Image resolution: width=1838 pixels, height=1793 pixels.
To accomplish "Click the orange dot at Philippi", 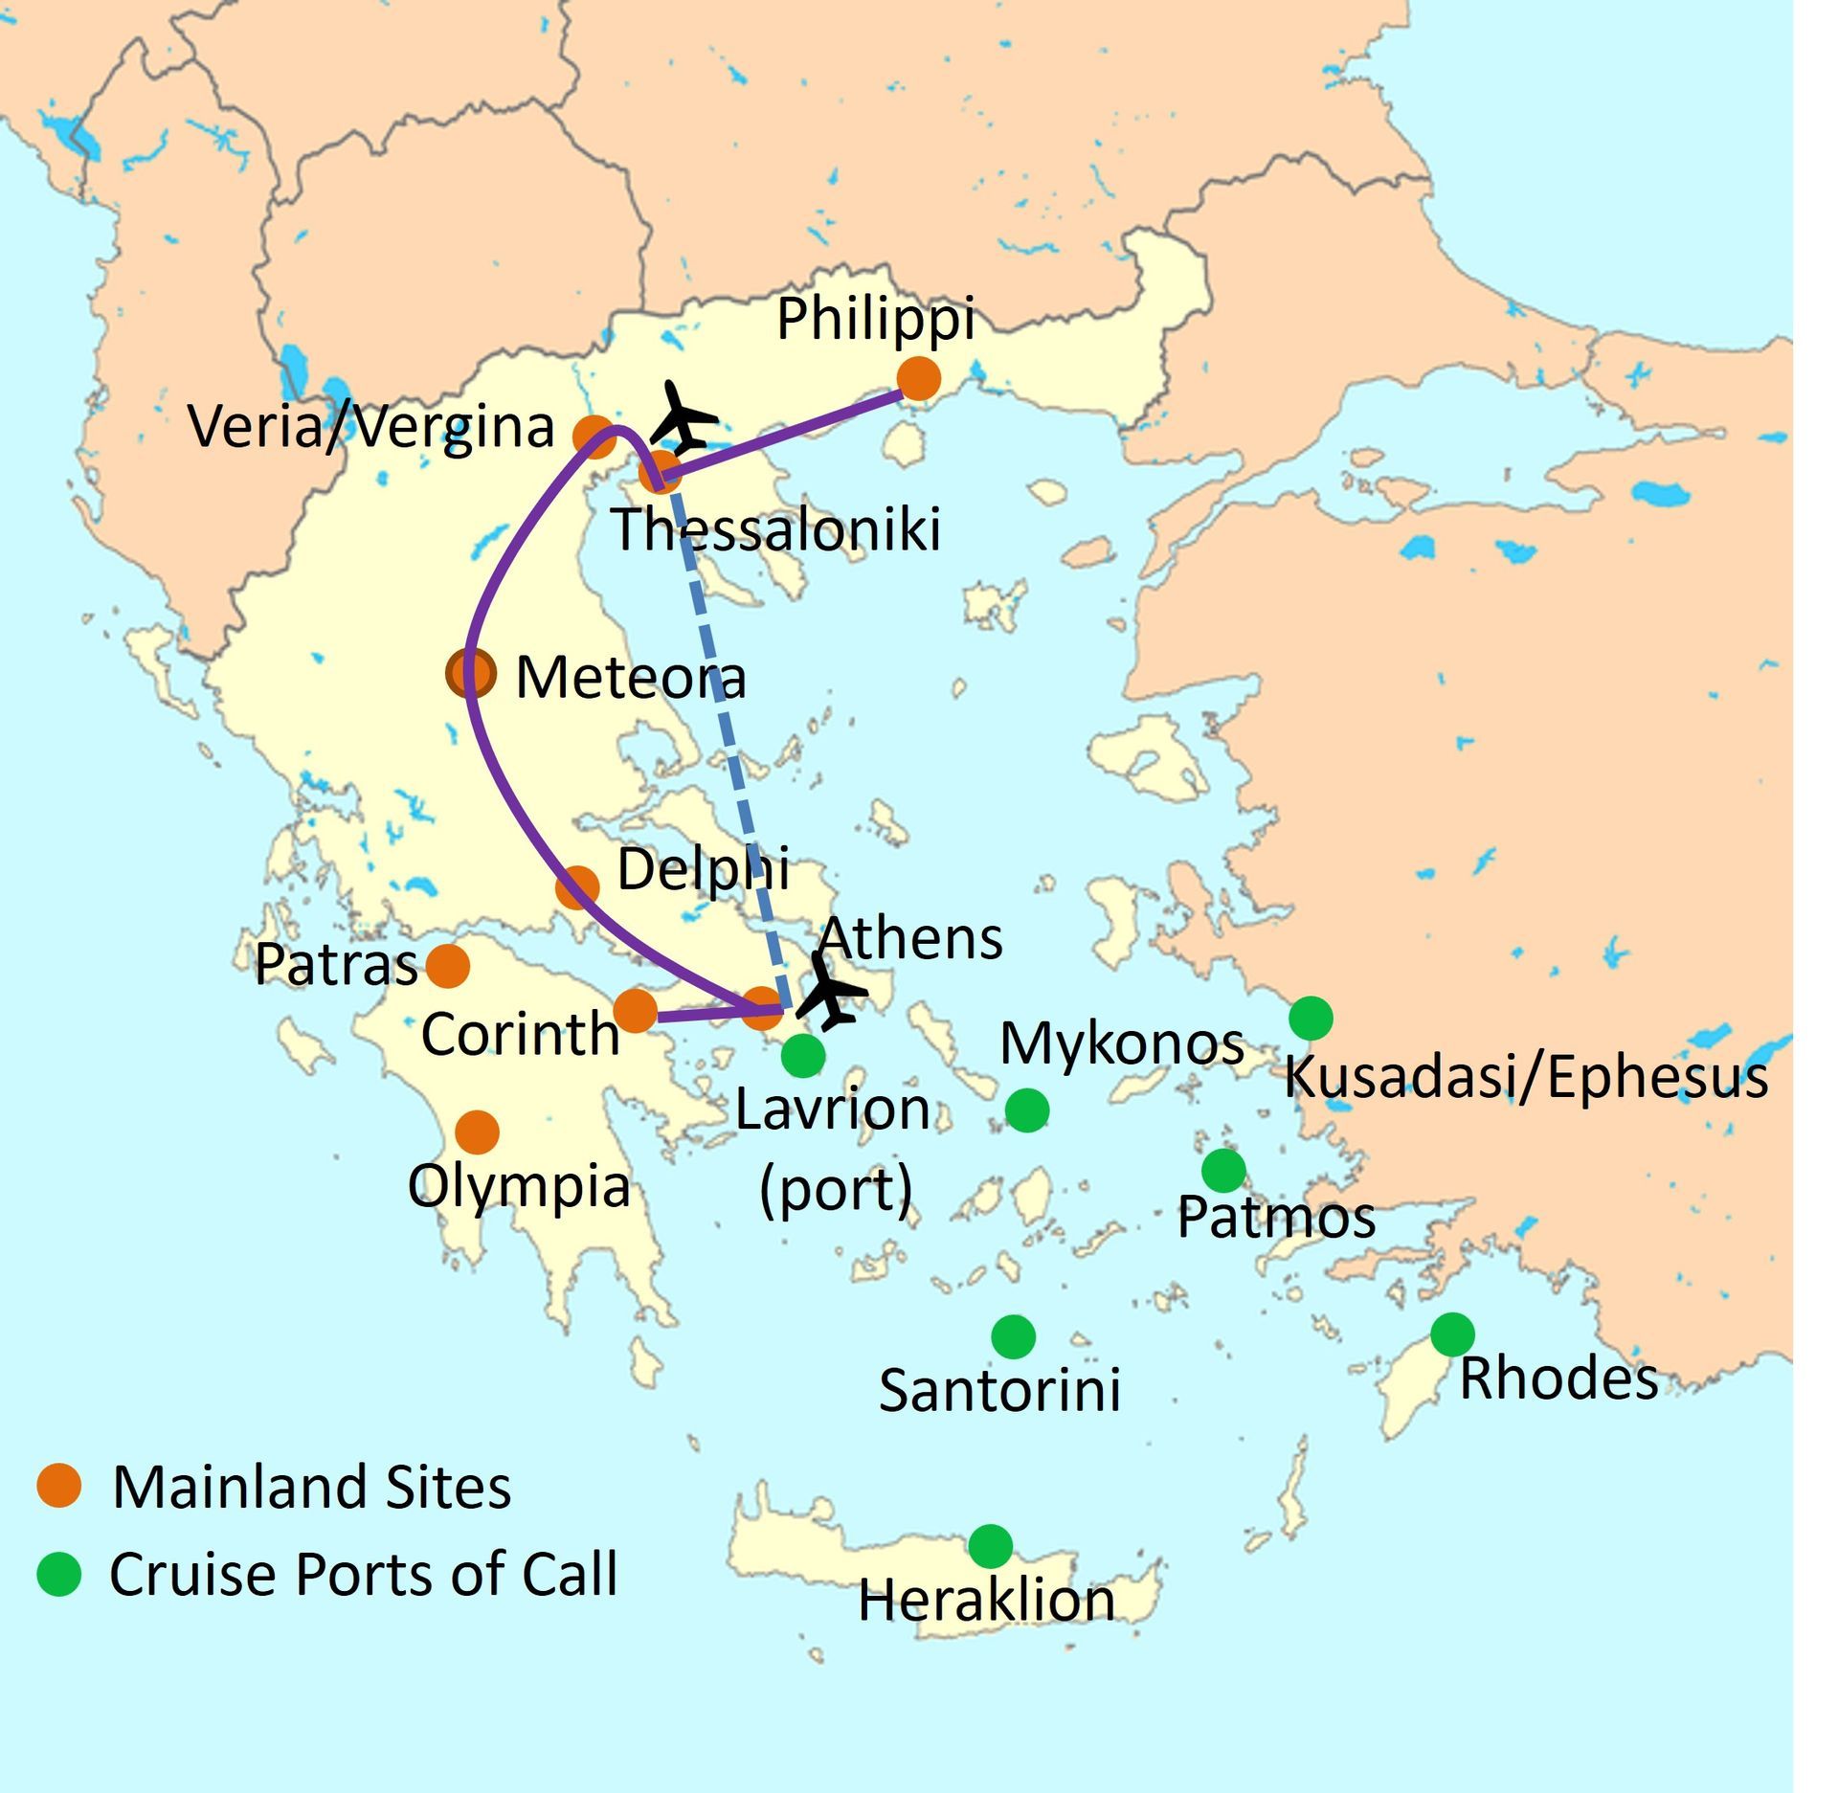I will click(x=919, y=378).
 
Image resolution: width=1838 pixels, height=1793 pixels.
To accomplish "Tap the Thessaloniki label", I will click(x=775, y=529).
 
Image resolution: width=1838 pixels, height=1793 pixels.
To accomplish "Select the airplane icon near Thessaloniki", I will click(x=683, y=419).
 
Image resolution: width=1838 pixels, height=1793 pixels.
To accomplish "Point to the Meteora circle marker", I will click(x=471, y=674).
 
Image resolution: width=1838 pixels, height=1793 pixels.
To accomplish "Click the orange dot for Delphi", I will click(x=577, y=887).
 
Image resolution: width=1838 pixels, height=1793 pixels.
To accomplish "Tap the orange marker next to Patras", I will click(x=447, y=966).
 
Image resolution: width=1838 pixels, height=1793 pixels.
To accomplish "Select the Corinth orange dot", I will click(x=635, y=1011).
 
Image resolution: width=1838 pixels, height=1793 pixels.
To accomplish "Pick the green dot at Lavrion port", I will click(x=803, y=1055).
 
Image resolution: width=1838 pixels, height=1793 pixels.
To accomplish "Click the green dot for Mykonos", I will click(x=1027, y=1110).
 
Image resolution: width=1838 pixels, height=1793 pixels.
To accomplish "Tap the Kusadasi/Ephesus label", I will click(x=1525, y=1077).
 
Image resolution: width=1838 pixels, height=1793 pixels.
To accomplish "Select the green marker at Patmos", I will click(x=1223, y=1169).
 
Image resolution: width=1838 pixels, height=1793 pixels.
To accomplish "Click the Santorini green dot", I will click(x=1013, y=1336).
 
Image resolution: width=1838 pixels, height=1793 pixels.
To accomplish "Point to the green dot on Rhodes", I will click(x=1452, y=1334).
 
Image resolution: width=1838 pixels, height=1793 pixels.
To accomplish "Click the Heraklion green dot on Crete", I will click(x=990, y=1545).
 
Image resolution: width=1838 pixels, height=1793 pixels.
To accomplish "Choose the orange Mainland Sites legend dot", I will click(x=59, y=1486).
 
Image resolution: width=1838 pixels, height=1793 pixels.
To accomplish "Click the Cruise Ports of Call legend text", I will click(x=364, y=1575).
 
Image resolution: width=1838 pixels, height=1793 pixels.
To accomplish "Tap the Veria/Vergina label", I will click(x=371, y=426).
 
